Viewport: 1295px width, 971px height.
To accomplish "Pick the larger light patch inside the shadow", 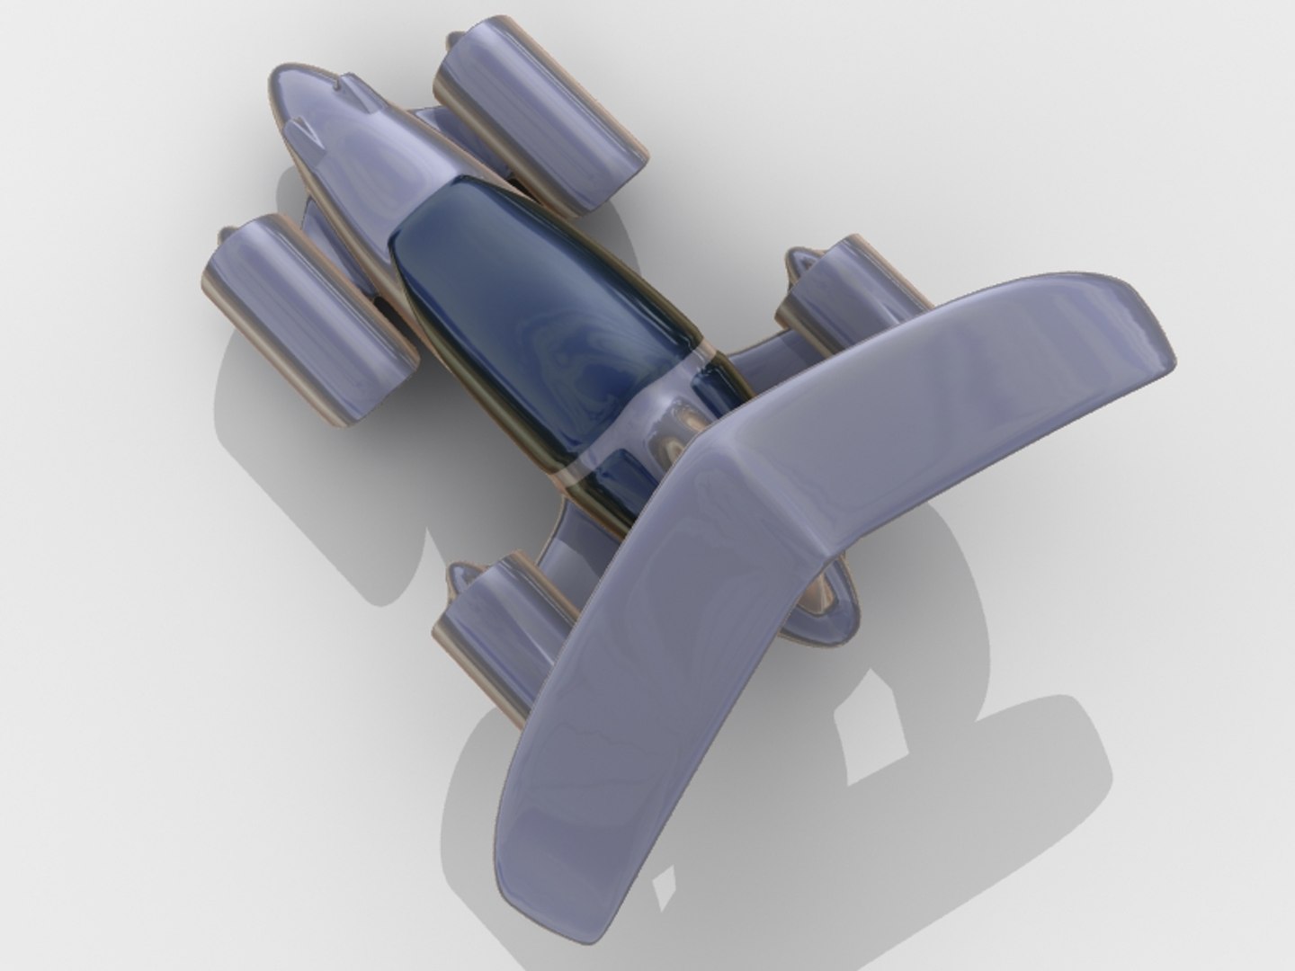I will [x=868, y=737].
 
